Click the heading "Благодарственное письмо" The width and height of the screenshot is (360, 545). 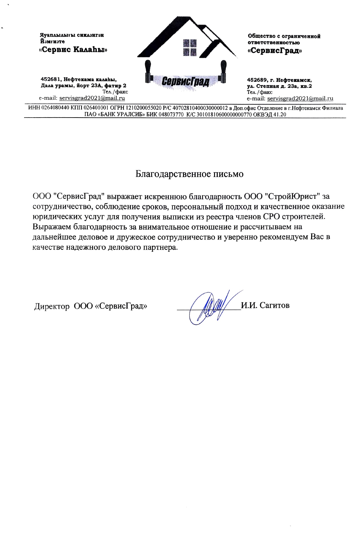point(189,174)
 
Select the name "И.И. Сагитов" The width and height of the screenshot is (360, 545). point(265,306)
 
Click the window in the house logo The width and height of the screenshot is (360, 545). point(190,47)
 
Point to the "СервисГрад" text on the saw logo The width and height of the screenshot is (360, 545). point(186,81)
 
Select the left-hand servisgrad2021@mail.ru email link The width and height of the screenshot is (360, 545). point(92,98)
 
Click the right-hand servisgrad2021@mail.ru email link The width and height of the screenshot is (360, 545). point(300,98)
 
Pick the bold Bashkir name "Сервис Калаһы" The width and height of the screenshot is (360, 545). point(73,50)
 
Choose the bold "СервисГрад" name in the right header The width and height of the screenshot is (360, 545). point(275,51)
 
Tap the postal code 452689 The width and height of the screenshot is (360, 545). point(257,80)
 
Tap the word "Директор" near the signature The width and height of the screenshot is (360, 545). point(52,306)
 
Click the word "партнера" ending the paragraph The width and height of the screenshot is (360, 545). point(160,247)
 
